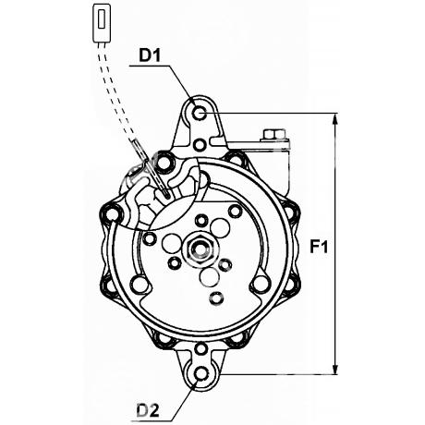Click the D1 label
tap(150, 55)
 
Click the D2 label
tap(148, 410)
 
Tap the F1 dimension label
tap(319, 247)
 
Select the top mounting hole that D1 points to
tap(200, 113)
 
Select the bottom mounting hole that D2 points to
tap(201, 373)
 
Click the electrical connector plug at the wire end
tap(102, 23)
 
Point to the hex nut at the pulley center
tap(200, 249)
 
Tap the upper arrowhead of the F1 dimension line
tap(335, 119)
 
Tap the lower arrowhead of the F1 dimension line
tap(335, 369)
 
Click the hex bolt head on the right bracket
tap(274, 135)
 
